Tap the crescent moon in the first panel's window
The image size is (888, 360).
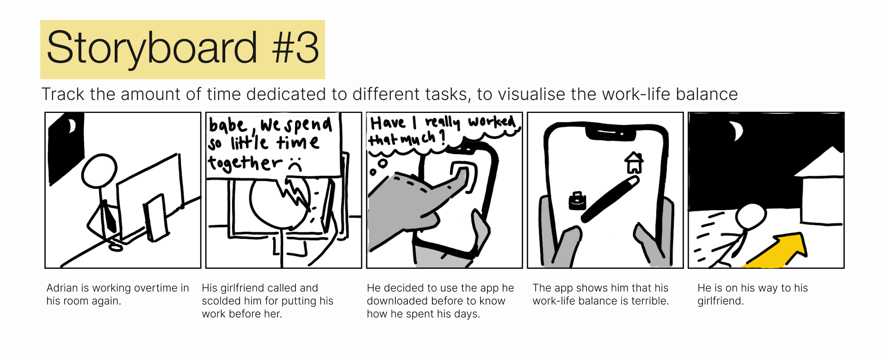click(72, 126)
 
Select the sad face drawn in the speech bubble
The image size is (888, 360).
click(295, 165)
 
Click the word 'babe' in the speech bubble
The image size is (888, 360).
click(228, 125)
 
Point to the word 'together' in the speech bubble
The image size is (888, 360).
click(245, 163)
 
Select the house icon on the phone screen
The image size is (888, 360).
click(634, 163)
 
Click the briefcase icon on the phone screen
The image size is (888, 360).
click(577, 201)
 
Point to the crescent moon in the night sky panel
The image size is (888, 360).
click(736, 131)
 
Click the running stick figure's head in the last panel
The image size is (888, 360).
click(751, 217)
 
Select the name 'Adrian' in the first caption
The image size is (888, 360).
click(62, 288)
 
